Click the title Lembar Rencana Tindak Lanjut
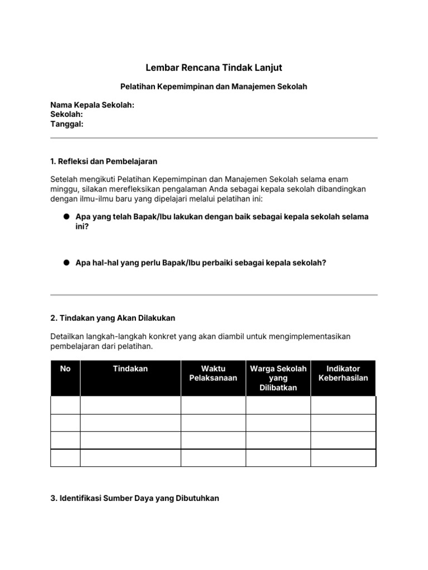coord(213,68)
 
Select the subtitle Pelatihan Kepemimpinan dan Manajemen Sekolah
coord(213,87)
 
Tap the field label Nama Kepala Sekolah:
coord(92,105)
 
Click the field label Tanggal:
coord(66,124)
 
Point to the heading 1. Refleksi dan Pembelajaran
coord(104,161)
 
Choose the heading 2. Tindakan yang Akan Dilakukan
coord(113,318)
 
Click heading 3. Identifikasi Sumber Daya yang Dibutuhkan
coord(134,498)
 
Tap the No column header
coord(65,369)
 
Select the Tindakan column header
coord(130,369)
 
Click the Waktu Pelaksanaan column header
coord(213,373)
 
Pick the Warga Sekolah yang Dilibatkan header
coord(278,378)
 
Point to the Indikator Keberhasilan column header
coord(343,373)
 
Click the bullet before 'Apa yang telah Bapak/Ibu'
coord(65,217)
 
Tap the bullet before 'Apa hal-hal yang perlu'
coord(65,262)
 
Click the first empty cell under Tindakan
coord(130,405)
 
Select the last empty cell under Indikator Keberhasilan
coord(343,458)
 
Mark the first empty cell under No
coord(65,405)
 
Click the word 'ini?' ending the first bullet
coord(82,227)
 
